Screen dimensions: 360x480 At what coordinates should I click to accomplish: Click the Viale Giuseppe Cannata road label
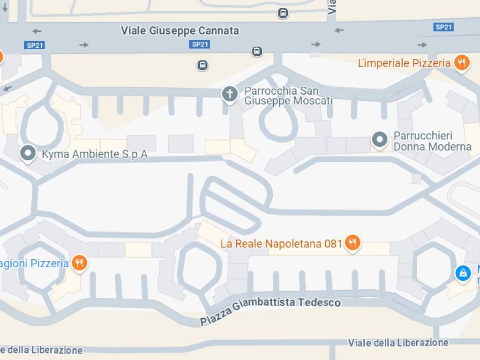click(x=180, y=31)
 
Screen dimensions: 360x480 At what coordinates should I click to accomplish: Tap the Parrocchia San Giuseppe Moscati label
click(x=288, y=96)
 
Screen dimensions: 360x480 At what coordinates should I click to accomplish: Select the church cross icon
click(x=230, y=94)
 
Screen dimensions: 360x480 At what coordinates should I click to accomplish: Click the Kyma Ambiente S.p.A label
click(x=95, y=154)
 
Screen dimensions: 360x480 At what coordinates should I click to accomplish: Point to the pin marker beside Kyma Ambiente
click(x=29, y=153)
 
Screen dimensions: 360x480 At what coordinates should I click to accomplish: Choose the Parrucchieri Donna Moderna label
click(x=432, y=141)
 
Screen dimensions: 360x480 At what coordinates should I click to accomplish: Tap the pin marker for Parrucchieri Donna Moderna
click(x=379, y=139)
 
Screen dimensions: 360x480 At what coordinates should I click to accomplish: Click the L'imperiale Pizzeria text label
click(x=404, y=63)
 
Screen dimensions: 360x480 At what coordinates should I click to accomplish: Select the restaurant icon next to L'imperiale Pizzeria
click(x=462, y=62)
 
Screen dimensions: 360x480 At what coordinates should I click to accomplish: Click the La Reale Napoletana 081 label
click(x=281, y=244)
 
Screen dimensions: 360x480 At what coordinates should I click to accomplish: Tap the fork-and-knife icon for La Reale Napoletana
click(x=352, y=242)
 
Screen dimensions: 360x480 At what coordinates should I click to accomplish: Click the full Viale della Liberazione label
click(x=398, y=343)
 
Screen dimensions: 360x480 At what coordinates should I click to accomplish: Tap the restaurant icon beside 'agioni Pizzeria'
click(x=79, y=263)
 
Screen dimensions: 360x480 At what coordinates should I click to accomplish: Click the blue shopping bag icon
click(x=463, y=273)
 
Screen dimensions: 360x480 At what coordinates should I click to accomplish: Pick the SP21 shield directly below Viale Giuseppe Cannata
click(x=200, y=45)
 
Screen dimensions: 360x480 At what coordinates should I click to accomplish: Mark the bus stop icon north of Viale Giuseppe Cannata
click(x=283, y=13)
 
